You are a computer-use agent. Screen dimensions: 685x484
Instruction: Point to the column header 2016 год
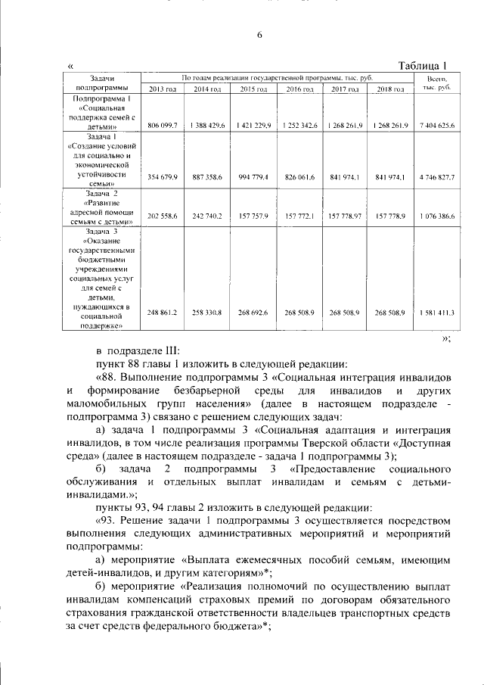coord(299,90)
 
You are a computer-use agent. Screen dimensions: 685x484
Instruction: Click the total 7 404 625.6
coord(439,125)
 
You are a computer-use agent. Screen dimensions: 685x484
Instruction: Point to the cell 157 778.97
coord(345,216)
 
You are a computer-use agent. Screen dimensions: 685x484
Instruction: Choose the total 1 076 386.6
coord(439,216)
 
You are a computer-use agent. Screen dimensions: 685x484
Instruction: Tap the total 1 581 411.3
coord(439,313)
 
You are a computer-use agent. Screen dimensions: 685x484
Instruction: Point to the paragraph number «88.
coord(107,376)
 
